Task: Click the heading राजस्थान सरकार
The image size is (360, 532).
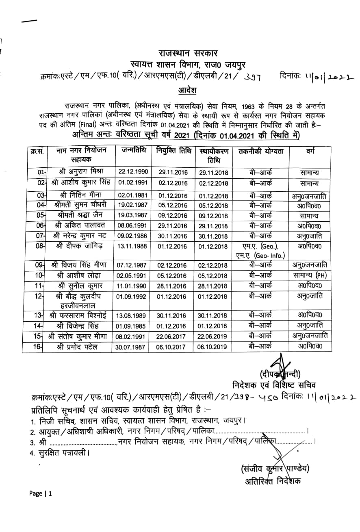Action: coord(188,53)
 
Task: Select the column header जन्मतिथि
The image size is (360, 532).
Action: coord(134,150)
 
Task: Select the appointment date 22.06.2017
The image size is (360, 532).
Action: coord(173,336)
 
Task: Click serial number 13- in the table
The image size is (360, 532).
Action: coord(39,315)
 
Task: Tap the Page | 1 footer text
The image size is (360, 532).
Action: coord(41,493)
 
